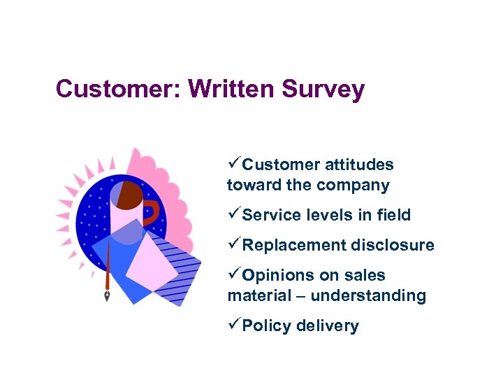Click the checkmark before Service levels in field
click(x=234, y=215)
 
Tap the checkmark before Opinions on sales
click(x=234, y=275)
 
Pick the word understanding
click(x=368, y=296)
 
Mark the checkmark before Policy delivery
click(x=234, y=325)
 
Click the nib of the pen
click(x=108, y=295)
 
